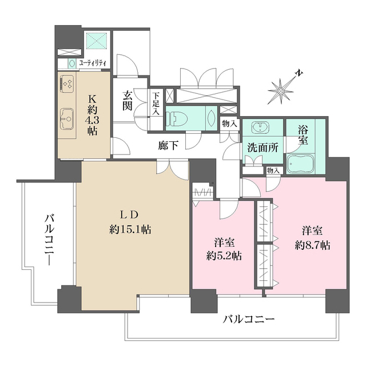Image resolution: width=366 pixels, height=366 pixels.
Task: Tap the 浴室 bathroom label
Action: point(303,133)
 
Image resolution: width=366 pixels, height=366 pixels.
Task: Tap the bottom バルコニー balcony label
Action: point(249,319)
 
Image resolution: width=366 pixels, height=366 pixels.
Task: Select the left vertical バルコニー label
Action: point(50,238)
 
